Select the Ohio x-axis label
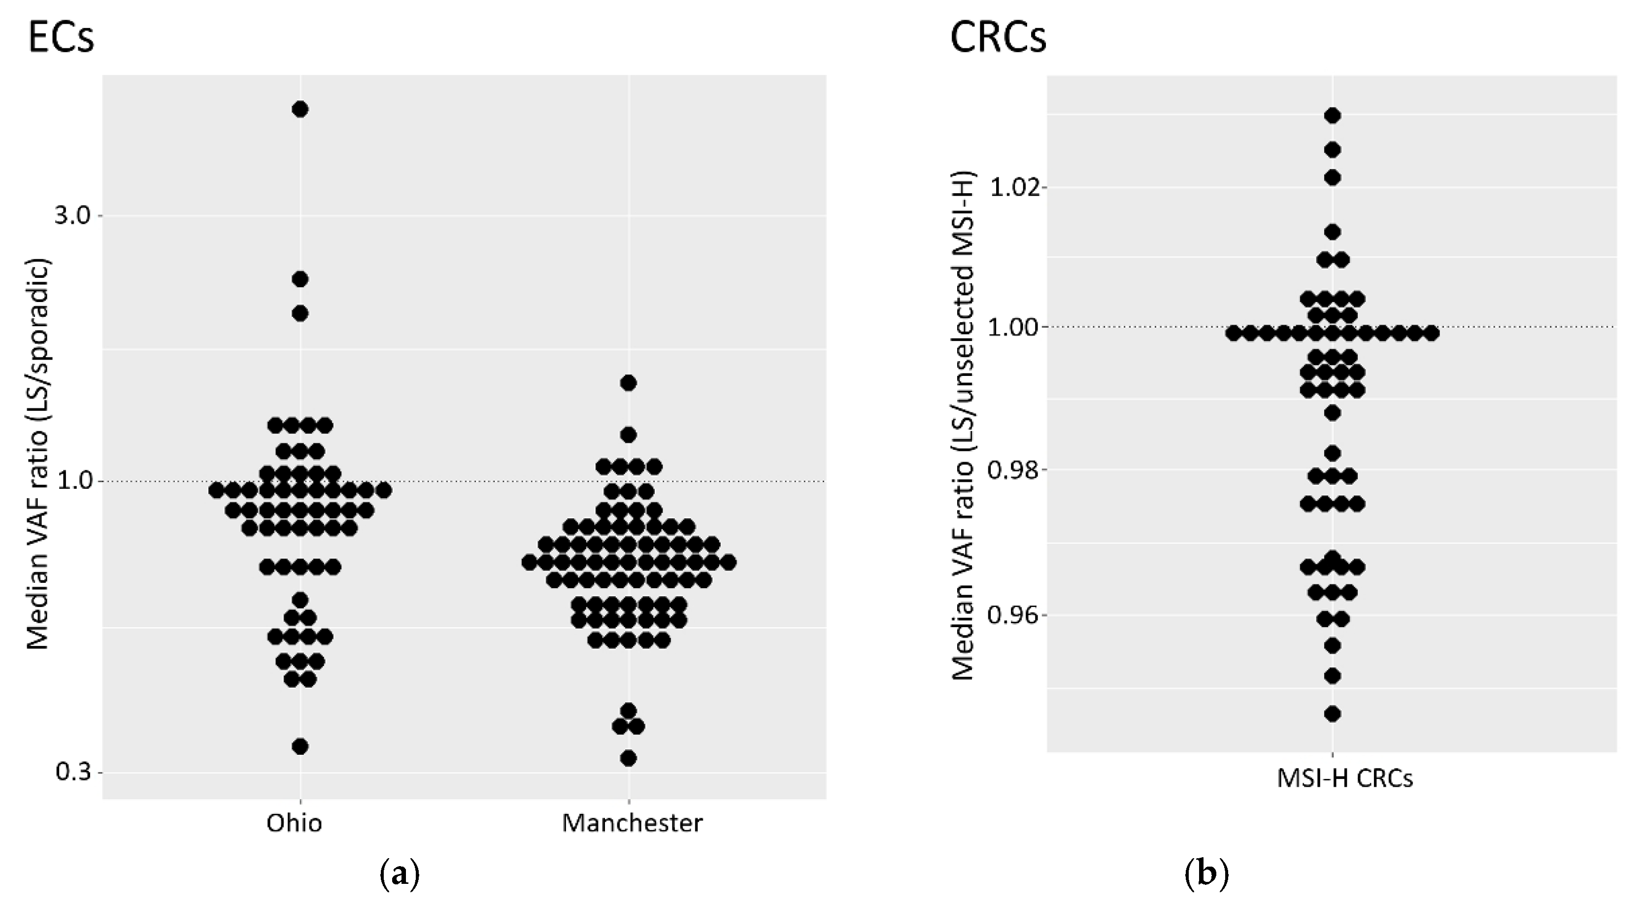click(294, 823)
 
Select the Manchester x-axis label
click(632, 823)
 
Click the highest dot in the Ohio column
click(300, 109)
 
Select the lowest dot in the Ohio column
click(300, 746)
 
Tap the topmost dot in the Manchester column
click(629, 383)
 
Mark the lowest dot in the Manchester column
click(629, 758)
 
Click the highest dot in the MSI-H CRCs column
click(1333, 116)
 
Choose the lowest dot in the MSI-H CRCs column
click(1333, 714)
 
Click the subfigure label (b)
click(1206, 875)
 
